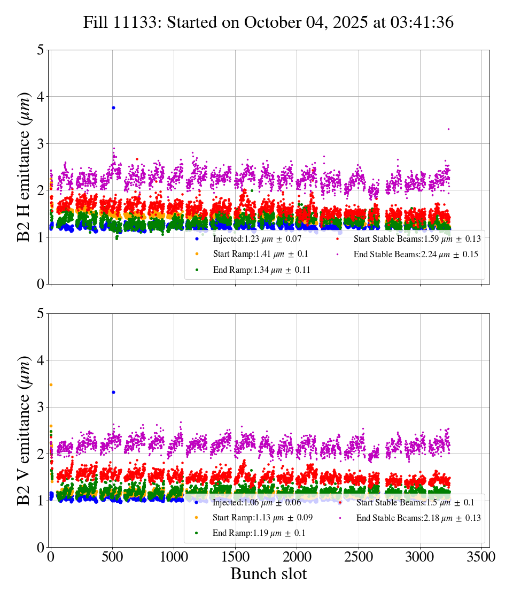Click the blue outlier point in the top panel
[113, 107]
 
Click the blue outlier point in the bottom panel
[113, 392]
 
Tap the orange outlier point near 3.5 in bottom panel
[51, 385]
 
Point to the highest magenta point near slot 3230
[448, 129]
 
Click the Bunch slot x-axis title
[269, 574]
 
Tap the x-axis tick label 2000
[297, 556]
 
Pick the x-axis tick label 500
[112, 556]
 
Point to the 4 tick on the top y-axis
[41, 97]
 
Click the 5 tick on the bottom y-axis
[41, 314]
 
